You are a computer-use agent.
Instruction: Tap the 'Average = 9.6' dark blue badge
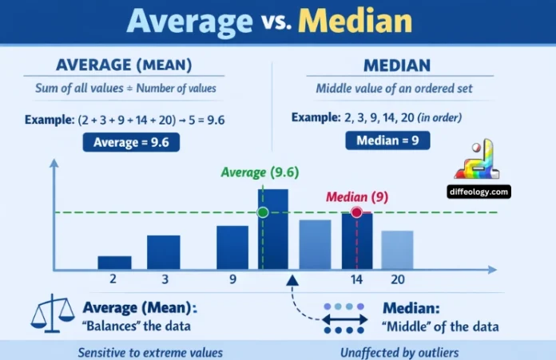coord(132,142)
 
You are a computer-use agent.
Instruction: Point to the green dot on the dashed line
coord(262,212)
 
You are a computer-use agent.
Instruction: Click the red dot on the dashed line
coord(356,212)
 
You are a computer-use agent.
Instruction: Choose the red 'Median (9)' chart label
coord(356,196)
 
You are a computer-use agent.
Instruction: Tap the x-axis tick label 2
coord(114,280)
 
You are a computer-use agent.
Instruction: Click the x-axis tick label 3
coord(163,280)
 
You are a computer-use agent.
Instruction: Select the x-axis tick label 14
coord(356,280)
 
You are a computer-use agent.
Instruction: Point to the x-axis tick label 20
coord(397,280)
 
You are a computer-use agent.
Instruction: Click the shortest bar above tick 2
coord(114,262)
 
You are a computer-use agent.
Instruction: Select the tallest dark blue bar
coord(272,228)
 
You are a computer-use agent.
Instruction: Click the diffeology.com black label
coord(479,192)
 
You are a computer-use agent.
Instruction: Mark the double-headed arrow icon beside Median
coord(344,318)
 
